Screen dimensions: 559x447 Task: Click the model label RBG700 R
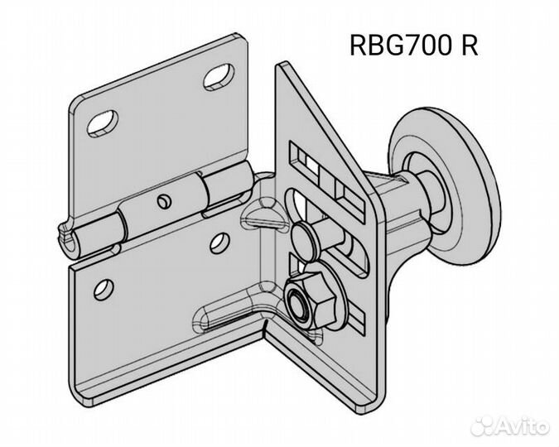pyautogui.click(x=413, y=46)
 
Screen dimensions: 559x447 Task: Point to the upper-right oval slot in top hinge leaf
pyautogui.click(x=219, y=76)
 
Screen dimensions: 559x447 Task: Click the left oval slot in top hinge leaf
pyautogui.click(x=103, y=123)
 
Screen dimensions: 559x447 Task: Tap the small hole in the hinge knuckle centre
pyautogui.click(x=164, y=201)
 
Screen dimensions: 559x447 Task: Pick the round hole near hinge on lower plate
pyautogui.click(x=219, y=243)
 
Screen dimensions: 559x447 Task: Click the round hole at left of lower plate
pyautogui.click(x=104, y=290)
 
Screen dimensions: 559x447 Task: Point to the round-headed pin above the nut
pyautogui.click(x=305, y=239)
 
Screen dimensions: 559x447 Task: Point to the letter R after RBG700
pyautogui.click(x=470, y=46)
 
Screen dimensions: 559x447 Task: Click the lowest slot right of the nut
pyautogui.click(x=356, y=318)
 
